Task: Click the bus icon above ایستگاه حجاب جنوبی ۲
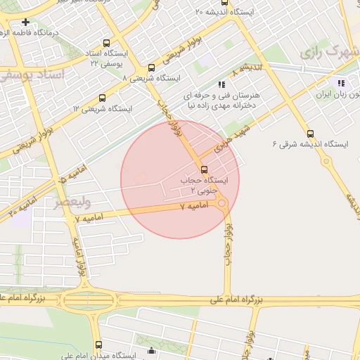(204, 169)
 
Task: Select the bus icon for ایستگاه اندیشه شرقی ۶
(310, 134)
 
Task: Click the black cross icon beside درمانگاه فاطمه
(26, 22)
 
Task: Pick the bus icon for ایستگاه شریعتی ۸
(151, 67)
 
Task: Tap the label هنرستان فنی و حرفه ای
(222, 94)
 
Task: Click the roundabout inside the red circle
(223, 205)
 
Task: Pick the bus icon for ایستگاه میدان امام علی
(98, 345)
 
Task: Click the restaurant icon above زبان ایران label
(342, 83)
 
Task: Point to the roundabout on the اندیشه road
(326, 161)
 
